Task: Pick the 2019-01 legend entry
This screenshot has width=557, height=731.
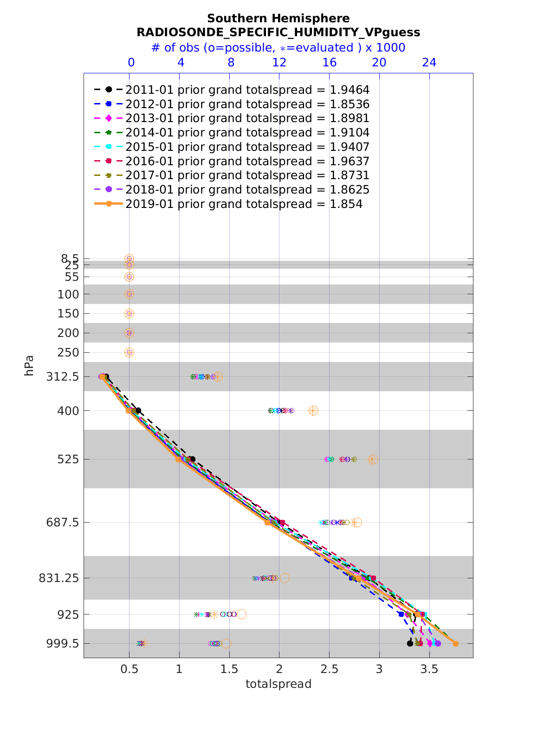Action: [244, 204]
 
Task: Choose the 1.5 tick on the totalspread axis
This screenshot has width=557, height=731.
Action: [229, 669]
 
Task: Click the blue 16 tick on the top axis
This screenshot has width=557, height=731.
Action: [329, 62]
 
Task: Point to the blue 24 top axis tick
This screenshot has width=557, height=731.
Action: [429, 62]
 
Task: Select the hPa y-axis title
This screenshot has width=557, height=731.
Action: [29, 365]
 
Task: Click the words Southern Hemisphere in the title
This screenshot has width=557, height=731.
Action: [278, 19]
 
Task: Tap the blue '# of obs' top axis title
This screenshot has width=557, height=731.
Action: [278, 48]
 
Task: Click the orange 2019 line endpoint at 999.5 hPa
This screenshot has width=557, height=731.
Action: [455, 643]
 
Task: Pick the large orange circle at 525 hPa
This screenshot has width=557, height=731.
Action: [373, 459]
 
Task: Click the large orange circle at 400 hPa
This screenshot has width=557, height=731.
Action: [313, 410]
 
